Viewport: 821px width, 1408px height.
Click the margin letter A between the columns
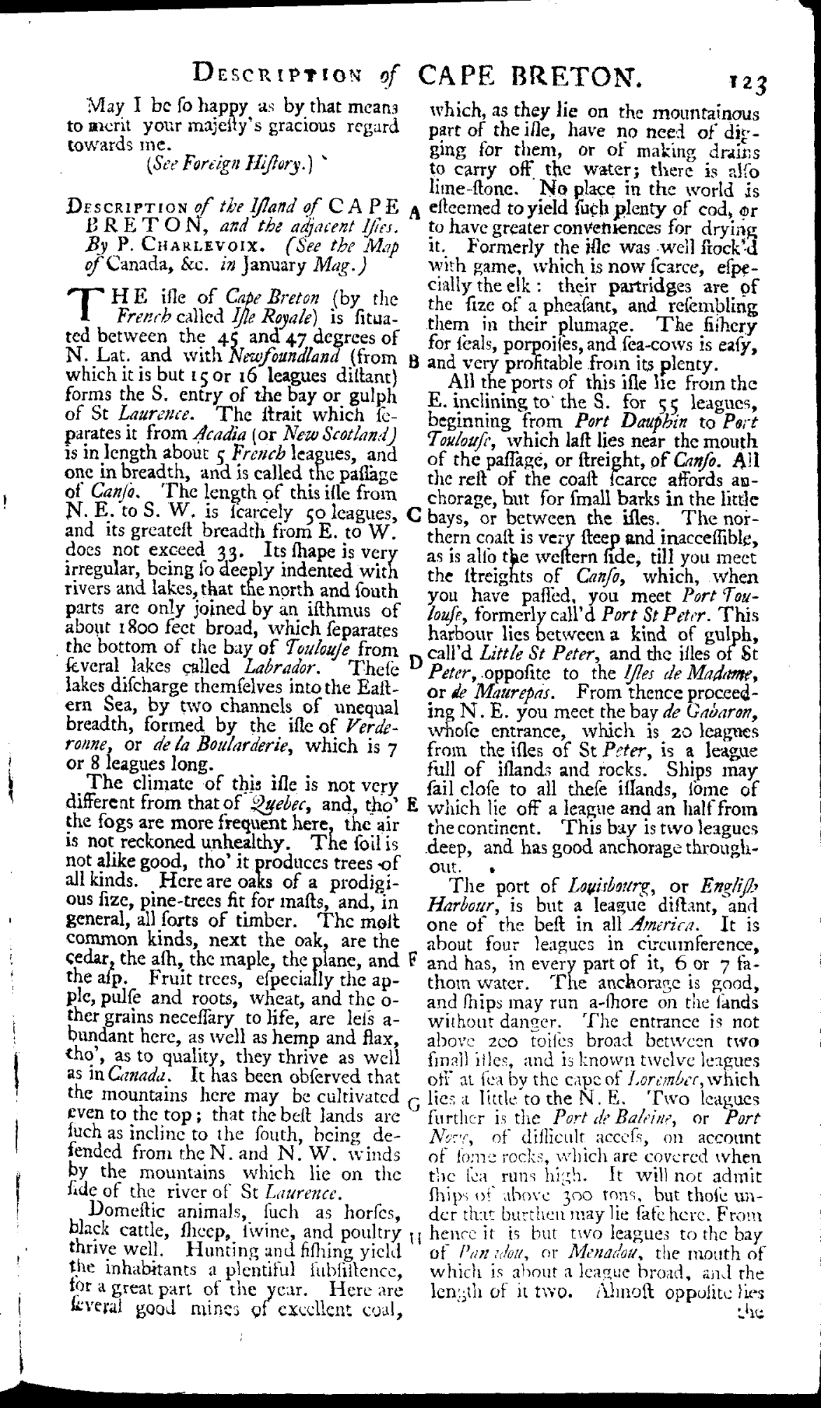pyautogui.click(x=415, y=211)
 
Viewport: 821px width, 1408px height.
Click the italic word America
pyautogui.click(x=661, y=923)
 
